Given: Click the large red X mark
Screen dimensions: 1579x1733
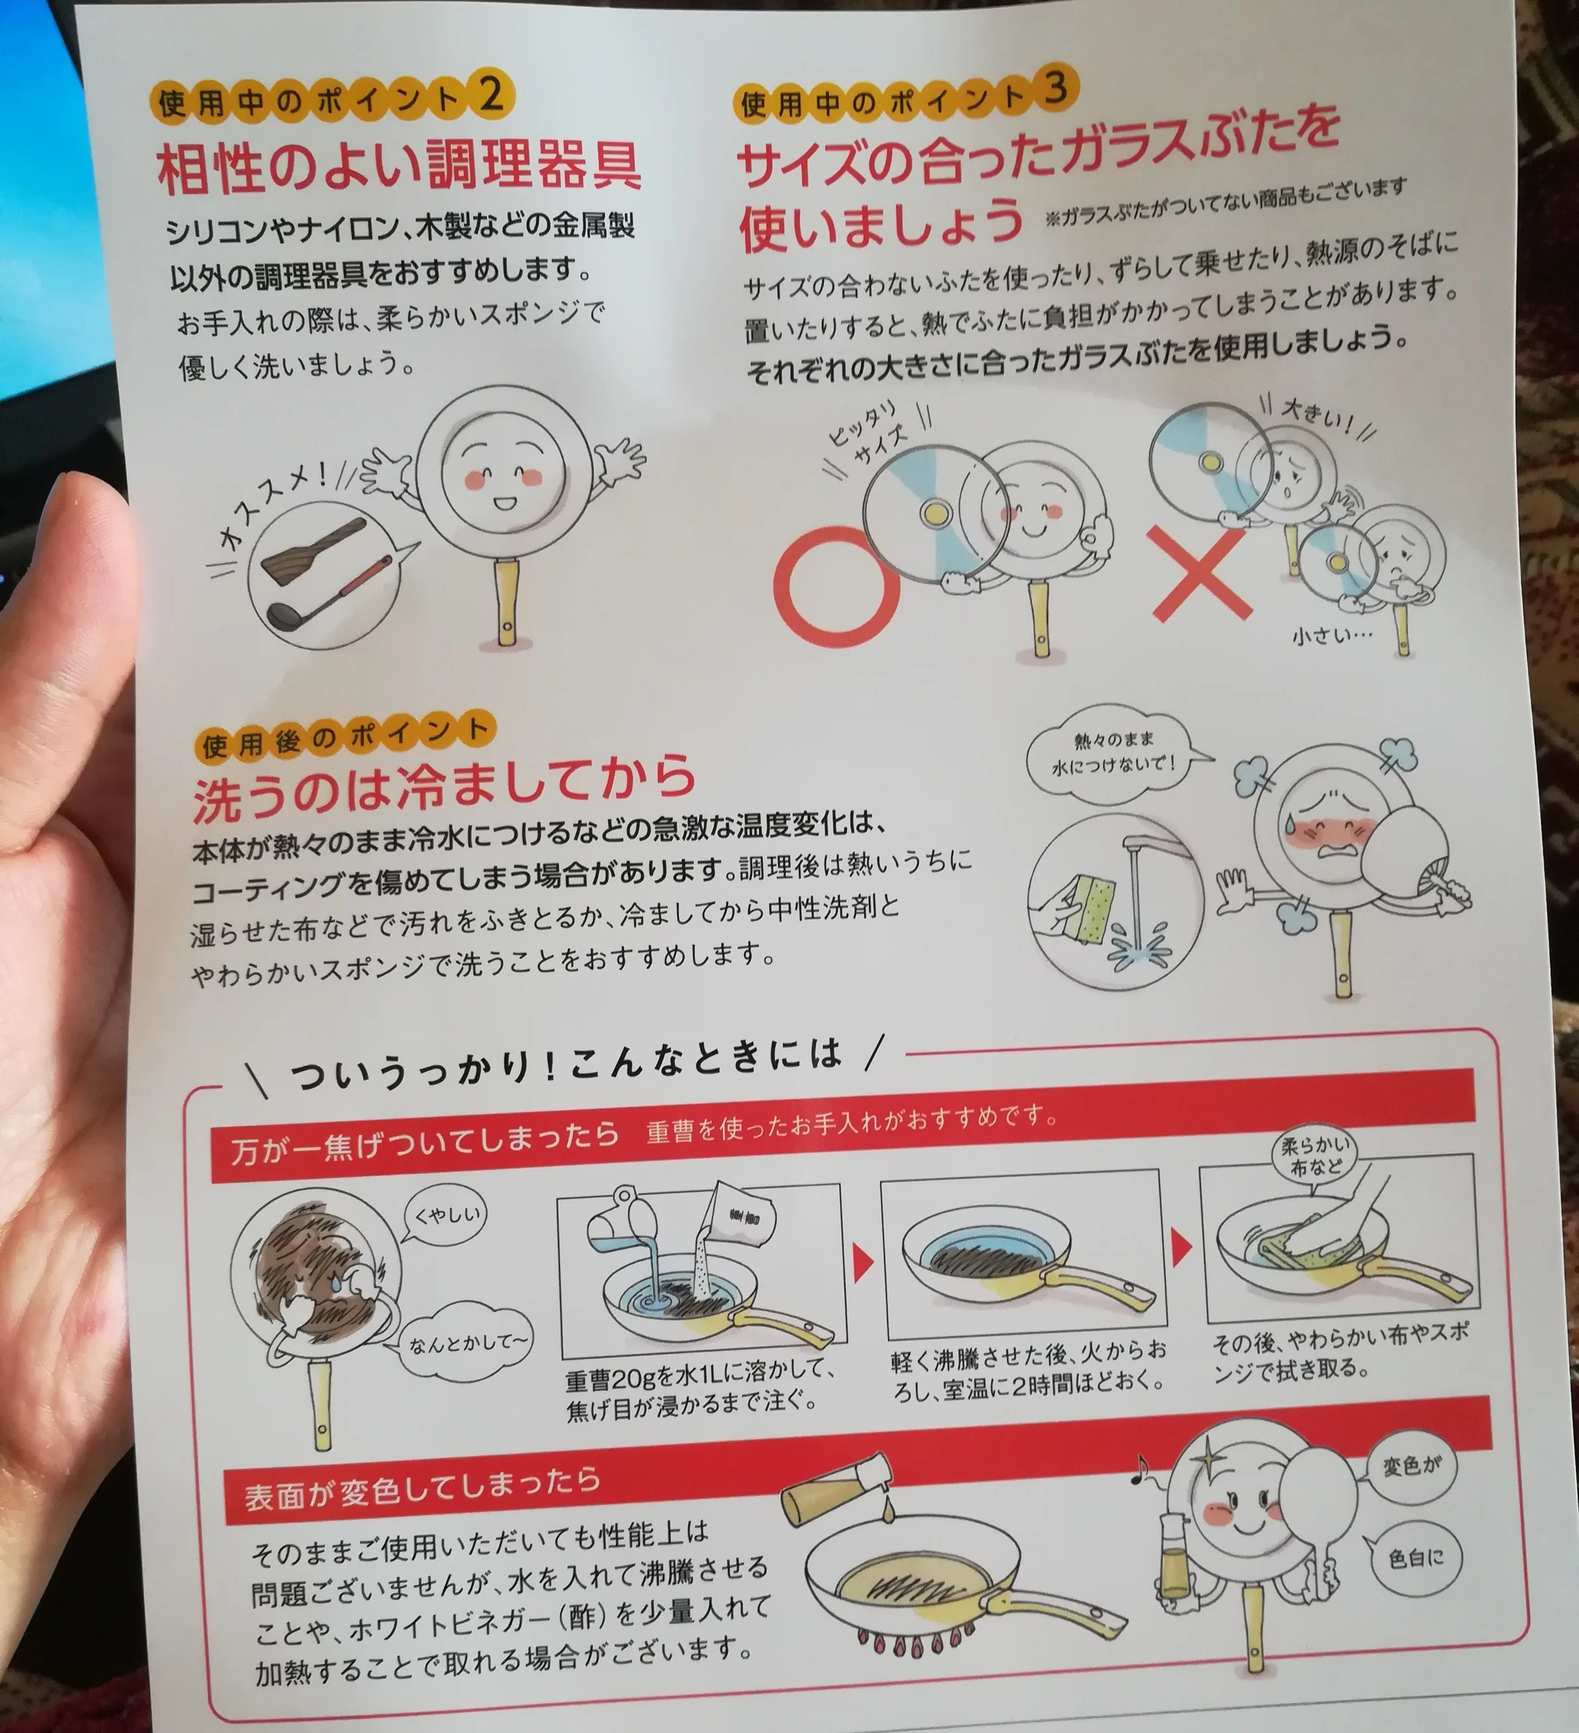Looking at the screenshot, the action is pos(1200,573).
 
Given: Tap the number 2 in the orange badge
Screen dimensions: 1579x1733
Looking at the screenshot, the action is pos(491,94).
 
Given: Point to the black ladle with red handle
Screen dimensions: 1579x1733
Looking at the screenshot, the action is pos(326,593).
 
